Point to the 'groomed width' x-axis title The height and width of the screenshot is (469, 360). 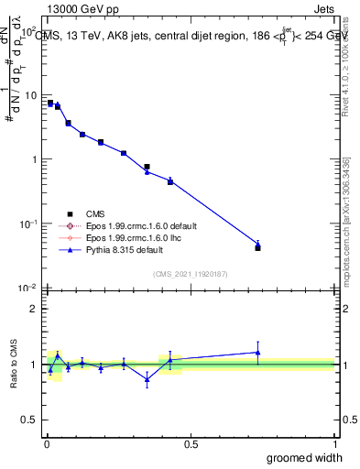click(305, 457)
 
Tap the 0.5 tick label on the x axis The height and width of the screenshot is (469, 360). click(191, 443)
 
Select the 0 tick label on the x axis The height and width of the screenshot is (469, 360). click(46, 443)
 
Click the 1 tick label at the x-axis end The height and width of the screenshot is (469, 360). click(333, 443)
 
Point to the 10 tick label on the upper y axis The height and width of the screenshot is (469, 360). click(29, 95)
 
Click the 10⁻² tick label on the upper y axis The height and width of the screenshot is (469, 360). click(27, 288)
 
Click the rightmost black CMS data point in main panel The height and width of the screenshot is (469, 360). click(257, 248)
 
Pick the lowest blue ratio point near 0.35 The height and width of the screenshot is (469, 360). click(147, 379)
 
